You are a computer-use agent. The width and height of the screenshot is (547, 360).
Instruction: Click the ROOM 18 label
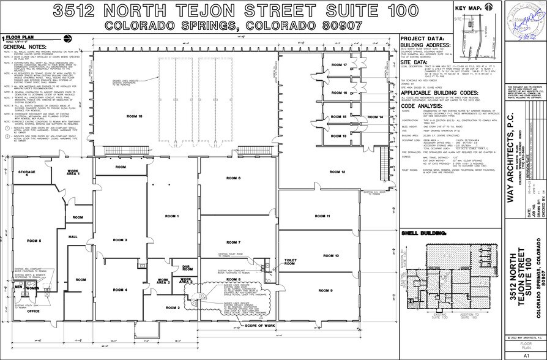(x=134, y=115)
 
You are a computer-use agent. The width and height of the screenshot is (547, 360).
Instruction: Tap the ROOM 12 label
(x=337, y=172)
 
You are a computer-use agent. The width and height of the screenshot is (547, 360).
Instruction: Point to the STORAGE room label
(x=26, y=173)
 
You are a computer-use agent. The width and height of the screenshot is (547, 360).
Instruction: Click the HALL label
(x=73, y=236)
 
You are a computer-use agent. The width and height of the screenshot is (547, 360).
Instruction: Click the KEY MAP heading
(x=468, y=8)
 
